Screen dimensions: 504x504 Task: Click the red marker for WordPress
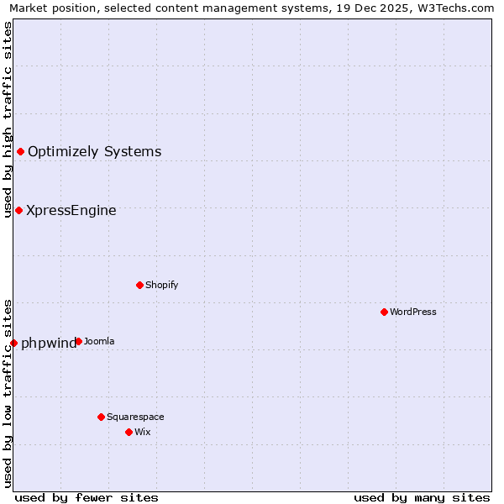(x=384, y=312)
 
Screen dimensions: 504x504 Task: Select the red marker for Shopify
(x=139, y=285)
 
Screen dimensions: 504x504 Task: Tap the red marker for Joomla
(x=78, y=341)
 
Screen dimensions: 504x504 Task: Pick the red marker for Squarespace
(x=101, y=417)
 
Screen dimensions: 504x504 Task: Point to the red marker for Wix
(x=129, y=432)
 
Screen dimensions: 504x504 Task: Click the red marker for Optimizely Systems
(x=20, y=151)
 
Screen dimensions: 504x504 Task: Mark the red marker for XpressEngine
(x=18, y=210)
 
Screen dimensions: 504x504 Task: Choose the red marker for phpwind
(x=13, y=343)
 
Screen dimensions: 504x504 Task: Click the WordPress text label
(x=413, y=312)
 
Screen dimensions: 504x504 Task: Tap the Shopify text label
(x=161, y=285)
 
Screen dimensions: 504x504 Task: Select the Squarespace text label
(x=135, y=417)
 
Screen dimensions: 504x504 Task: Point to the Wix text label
(x=142, y=432)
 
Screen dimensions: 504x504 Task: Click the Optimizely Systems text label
(x=94, y=152)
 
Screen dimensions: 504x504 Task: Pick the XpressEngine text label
(x=71, y=211)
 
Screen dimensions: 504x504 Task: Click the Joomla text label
(x=99, y=341)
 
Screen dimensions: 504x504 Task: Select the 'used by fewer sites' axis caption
(x=87, y=497)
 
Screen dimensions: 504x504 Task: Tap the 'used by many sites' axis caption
(x=422, y=497)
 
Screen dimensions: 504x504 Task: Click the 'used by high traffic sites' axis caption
(x=8, y=120)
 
